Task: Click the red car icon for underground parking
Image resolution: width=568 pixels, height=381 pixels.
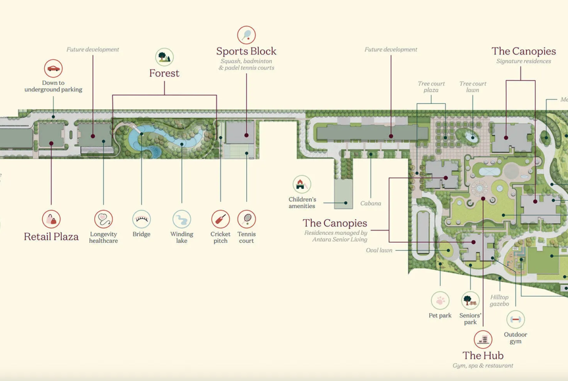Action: [53, 68]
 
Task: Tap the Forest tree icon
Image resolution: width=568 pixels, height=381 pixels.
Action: [165, 57]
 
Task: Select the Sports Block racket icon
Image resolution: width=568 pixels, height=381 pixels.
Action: [247, 35]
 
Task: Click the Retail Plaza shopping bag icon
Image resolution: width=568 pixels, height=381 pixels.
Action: [51, 219]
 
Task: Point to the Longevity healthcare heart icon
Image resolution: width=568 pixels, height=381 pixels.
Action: [103, 219]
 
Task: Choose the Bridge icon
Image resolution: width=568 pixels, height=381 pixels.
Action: [142, 219]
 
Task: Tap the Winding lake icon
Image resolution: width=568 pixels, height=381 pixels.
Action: [182, 219]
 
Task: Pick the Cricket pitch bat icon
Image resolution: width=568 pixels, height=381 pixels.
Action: [220, 219]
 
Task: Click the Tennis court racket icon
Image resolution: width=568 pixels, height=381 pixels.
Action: [247, 219]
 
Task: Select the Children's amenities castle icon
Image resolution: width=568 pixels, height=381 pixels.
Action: [301, 184]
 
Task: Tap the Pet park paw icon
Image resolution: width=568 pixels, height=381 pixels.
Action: [440, 300]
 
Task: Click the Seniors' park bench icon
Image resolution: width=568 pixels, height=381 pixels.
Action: [470, 300]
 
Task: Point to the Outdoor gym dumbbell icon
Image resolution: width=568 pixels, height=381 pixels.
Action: [516, 319]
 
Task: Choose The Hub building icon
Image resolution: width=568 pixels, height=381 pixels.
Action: [483, 340]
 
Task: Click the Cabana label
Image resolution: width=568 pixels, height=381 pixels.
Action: [371, 203]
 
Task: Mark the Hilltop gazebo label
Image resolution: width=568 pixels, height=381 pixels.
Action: [500, 300]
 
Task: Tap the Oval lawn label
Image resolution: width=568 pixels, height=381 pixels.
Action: [379, 250]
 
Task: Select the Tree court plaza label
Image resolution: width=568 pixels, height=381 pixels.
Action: [431, 87]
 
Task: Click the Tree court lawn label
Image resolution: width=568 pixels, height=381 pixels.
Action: [473, 87]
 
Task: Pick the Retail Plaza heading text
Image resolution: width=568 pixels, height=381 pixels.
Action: [51, 237]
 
